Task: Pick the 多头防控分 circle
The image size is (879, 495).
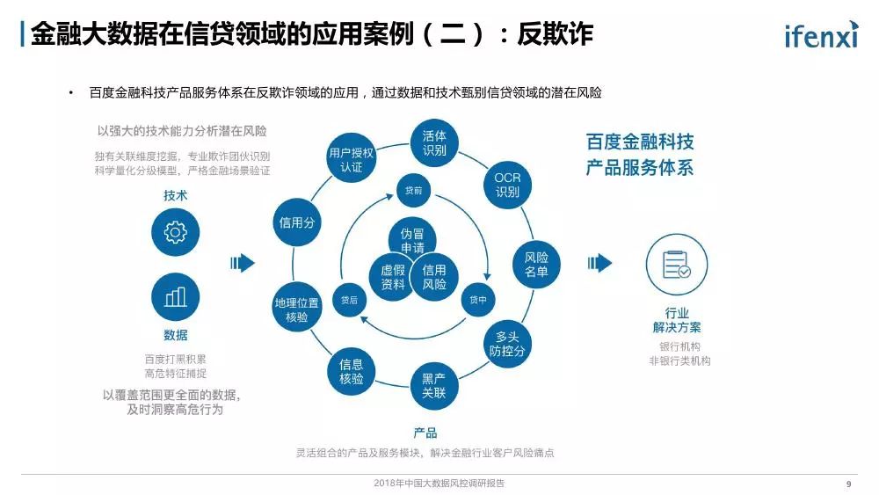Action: [507, 344]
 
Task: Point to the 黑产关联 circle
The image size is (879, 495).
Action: [433, 385]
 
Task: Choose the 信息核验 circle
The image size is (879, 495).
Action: [352, 371]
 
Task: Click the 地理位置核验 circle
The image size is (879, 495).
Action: [297, 309]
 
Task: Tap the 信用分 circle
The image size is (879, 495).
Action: [297, 222]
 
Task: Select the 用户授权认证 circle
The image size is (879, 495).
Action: [351, 159]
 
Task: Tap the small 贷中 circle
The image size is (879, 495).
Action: [478, 300]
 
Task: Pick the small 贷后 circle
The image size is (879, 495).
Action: [349, 300]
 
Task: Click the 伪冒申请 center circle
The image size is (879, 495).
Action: [412, 241]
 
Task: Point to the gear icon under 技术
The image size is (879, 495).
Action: [176, 232]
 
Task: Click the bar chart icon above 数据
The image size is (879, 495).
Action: [176, 296]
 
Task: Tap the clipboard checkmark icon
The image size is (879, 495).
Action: [676, 265]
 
